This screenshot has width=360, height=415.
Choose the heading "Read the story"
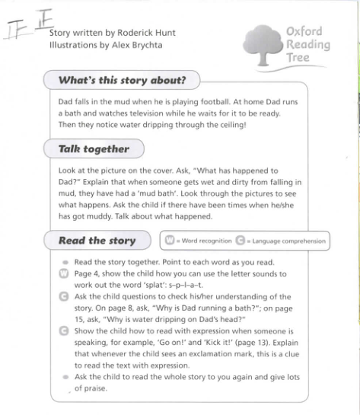coord(97,241)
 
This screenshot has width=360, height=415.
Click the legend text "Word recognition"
coord(206,241)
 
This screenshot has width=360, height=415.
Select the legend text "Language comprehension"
coord(288,241)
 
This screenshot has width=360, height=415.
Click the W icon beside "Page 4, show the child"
coord(64,273)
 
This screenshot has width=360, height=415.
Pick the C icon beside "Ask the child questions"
coord(64,296)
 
